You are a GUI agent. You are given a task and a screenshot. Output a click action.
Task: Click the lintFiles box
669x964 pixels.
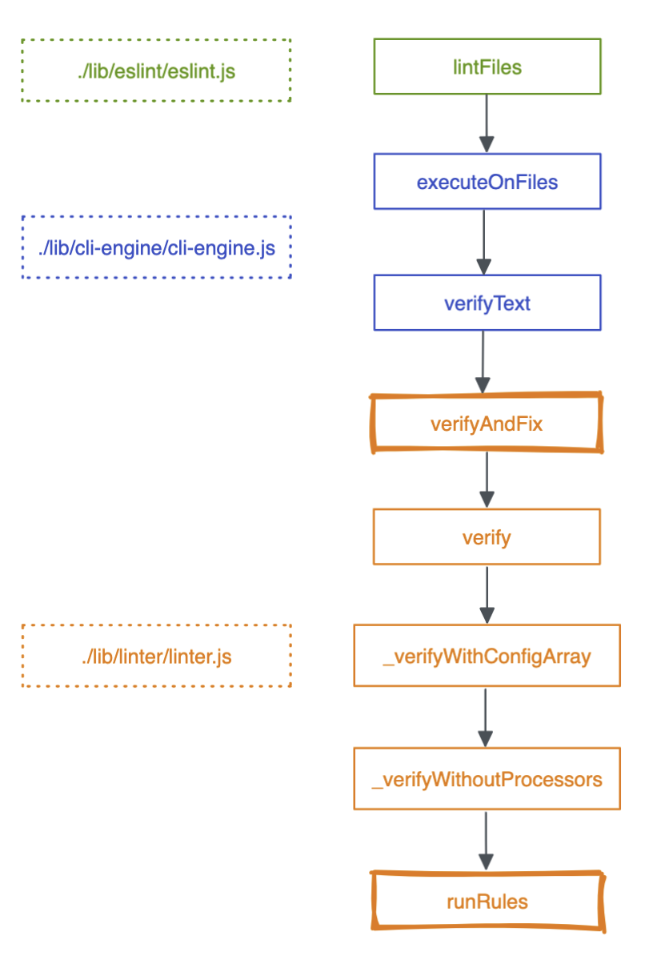[487, 66]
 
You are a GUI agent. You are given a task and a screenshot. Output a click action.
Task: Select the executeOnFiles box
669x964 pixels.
[487, 181]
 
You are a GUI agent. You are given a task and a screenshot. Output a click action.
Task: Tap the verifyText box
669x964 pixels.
[487, 303]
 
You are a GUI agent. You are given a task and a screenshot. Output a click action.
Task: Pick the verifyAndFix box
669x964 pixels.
[487, 423]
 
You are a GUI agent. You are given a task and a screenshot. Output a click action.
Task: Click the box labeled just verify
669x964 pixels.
[487, 536]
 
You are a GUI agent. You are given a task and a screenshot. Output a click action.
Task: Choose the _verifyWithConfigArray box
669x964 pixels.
[487, 655]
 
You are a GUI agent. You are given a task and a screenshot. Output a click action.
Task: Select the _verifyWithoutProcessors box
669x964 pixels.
[487, 778]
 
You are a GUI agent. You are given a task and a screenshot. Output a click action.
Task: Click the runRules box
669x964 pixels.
[487, 902]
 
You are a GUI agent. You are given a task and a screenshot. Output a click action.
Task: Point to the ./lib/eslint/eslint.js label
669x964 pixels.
[156, 71]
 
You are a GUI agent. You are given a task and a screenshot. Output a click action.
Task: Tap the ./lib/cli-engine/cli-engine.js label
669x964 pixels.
[156, 248]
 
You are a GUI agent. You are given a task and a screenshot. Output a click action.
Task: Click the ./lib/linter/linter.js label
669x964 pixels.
[156, 657]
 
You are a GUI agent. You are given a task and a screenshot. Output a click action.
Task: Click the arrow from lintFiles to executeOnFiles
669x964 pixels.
[487, 123]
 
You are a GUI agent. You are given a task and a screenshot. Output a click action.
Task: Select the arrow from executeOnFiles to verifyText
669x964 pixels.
[483, 242]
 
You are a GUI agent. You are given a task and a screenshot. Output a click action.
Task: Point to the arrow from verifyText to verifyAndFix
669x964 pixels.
[483, 362]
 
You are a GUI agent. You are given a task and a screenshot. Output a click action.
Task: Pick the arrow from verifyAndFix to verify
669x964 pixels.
[487, 480]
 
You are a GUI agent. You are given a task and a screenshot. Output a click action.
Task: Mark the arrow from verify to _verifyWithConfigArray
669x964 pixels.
[487, 595]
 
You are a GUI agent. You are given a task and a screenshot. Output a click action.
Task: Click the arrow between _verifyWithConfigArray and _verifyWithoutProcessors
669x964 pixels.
[485, 717]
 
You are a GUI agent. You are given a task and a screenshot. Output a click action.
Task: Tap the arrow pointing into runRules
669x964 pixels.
[486, 841]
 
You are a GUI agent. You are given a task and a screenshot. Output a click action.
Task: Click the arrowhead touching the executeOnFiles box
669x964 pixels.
[487, 144]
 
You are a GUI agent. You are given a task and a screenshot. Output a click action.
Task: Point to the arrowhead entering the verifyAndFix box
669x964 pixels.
[483, 385]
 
